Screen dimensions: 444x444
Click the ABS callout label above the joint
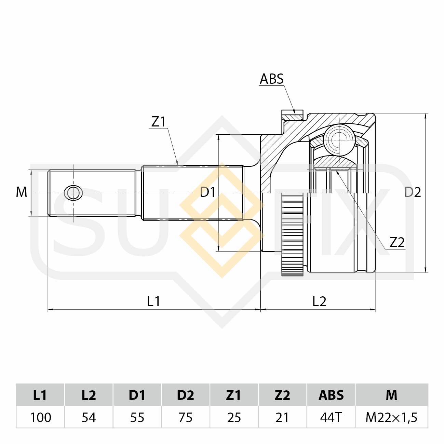pos(271,79)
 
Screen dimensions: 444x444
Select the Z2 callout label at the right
pos(397,242)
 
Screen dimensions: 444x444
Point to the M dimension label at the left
pos(22,192)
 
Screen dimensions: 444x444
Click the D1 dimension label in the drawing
pos(207,192)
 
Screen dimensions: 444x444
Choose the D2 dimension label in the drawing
pos(413,192)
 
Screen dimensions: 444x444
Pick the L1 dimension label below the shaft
pos(153,301)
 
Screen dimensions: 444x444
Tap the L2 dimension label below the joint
pos(319,301)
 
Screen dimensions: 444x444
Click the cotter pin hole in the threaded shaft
pos(73,193)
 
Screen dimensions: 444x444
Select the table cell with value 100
pos(41,417)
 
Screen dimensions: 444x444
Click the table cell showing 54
pos(89,417)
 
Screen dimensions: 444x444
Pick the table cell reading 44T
pos(331,417)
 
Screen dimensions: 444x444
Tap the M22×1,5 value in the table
pos(391,417)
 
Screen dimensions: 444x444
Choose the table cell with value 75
pos(186,417)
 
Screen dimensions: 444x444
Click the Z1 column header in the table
pos(234,395)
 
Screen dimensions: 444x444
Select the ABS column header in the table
pos(331,395)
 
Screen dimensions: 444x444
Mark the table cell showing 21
pos(282,417)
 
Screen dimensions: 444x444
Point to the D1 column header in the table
pos(137,395)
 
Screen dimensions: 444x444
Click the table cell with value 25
pos(234,417)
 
